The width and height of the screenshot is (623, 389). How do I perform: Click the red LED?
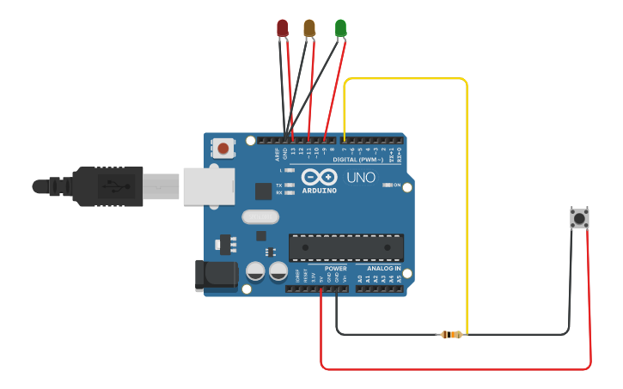coord(282,28)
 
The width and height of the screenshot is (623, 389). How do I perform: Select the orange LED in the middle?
coord(309,28)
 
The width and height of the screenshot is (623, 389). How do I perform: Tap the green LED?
coord(340,28)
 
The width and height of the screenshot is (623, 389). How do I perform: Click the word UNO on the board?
coord(360,179)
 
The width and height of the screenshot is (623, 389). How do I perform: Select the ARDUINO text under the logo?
coord(319,191)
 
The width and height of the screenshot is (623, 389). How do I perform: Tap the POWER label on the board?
coord(336,269)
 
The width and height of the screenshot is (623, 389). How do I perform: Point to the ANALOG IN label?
coord(385,269)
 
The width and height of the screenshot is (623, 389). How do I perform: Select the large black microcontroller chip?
coord(345,247)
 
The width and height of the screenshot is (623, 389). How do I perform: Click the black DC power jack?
coord(217,274)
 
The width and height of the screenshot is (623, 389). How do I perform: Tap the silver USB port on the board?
coord(208,185)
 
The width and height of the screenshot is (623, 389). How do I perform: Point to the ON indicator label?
coord(397,185)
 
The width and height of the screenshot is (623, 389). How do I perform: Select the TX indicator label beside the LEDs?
coord(279,185)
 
